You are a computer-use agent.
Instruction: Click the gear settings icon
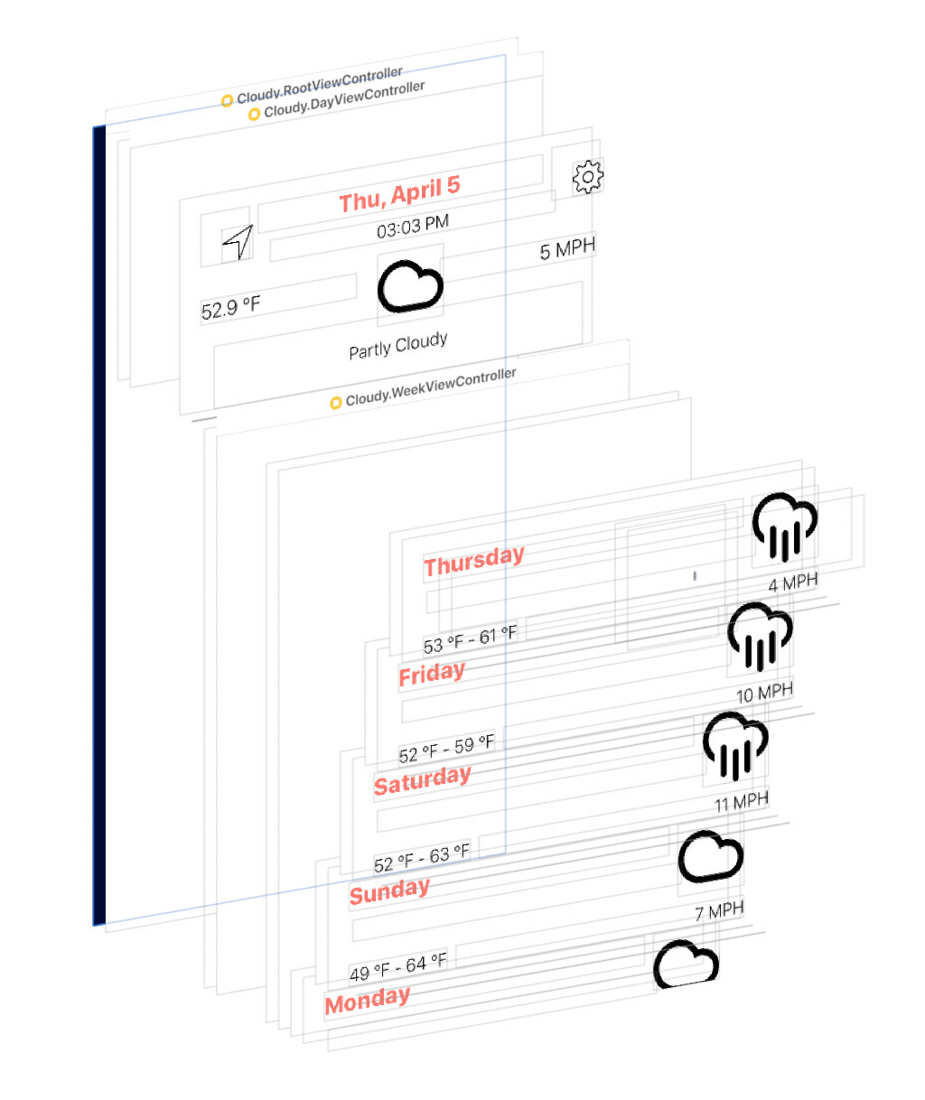[x=587, y=176]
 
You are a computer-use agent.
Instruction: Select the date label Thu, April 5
[x=399, y=194]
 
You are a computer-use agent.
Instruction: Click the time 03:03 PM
[x=412, y=227]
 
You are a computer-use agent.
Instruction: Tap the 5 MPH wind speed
[x=567, y=249]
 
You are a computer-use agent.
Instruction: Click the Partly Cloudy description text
[x=397, y=345]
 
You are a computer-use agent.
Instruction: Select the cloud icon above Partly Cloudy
[x=410, y=286]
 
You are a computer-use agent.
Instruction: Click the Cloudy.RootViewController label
[x=319, y=84]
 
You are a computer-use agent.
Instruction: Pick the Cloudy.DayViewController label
[x=343, y=100]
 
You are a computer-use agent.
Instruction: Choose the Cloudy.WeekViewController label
[x=430, y=387]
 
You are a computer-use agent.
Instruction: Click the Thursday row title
[x=473, y=561]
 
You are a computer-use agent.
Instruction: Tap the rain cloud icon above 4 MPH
[x=784, y=527]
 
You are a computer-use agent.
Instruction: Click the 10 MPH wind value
[x=764, y=693]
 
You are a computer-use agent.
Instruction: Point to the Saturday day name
[x=422, y=780]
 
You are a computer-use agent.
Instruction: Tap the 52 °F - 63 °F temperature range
[x=422, y=858]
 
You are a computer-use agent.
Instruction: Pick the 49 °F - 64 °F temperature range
[x=397, y=968]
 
